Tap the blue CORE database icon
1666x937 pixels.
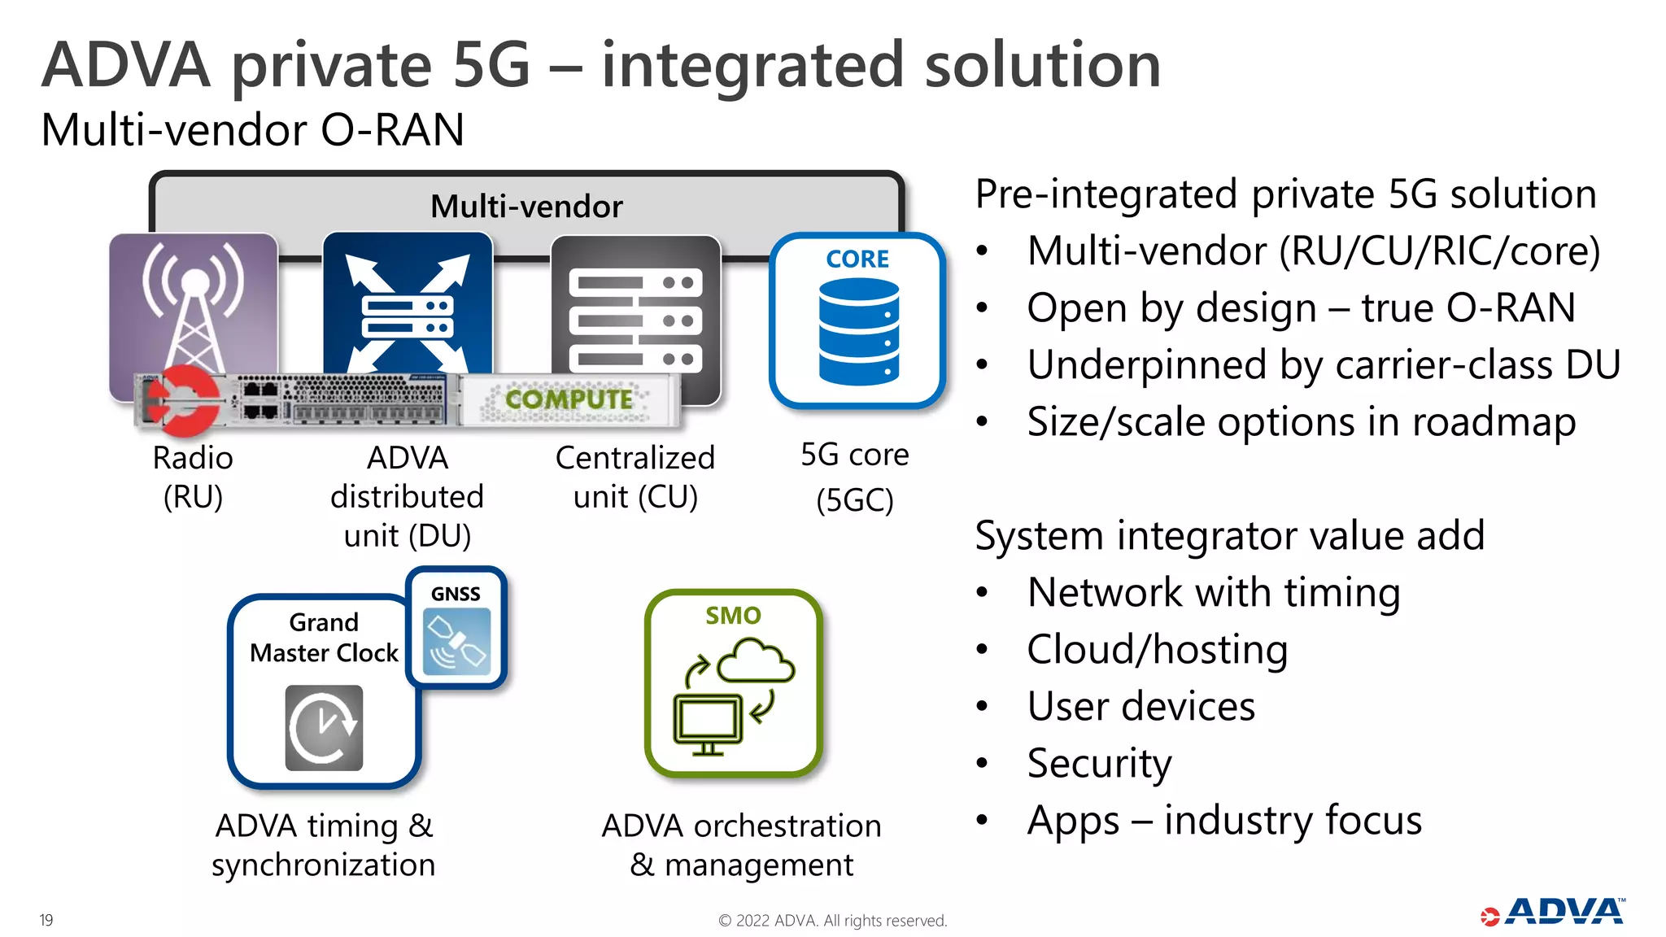(x=858, y=330)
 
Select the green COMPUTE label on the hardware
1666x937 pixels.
(x=569, y=399)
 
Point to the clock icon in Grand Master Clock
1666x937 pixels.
(x=324, y=727)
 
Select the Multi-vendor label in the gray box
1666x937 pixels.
(x=526, y=207)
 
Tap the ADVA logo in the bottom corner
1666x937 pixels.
(x=1553, y=913)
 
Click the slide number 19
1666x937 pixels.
(x=46, y=920)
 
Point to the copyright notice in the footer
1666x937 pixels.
(x=832, y=921)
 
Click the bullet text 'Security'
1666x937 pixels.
(x=1099, y=763)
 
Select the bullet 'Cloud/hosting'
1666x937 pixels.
(x=1157, y=649)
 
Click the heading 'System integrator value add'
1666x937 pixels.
(x=1229, y=535)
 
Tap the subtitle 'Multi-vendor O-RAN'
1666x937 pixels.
(x=253, y=130)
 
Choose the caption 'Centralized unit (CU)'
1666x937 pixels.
(x=635, y=477)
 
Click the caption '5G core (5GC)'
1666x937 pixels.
(x=855, y=477)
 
